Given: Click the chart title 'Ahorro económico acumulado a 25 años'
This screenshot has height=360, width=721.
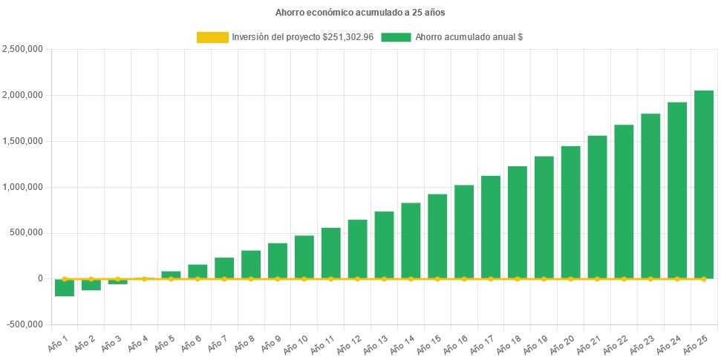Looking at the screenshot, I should [360, 13].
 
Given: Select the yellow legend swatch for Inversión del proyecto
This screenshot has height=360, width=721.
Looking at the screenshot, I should [212, 37].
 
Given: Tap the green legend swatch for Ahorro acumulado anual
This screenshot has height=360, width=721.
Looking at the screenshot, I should [396, 37].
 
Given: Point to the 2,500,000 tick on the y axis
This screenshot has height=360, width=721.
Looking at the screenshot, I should [23, 49].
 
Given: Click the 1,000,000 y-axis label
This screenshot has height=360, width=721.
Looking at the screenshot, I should [23, 186].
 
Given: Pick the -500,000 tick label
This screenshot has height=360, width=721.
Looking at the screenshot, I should [25, 324].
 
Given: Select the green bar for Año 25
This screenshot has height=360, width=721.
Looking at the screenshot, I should [704, 184].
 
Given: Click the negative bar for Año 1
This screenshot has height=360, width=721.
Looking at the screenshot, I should [65, 288].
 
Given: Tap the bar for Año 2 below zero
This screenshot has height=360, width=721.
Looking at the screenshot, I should [91, 285].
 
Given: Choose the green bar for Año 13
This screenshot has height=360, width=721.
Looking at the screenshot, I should [384, 245].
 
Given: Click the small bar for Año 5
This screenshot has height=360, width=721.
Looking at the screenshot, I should [171, 275].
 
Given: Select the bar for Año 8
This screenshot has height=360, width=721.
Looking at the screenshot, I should [251, 264].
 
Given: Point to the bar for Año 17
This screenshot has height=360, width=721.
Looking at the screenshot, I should [490, 226].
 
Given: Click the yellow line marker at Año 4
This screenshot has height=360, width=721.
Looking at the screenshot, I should [145, 279].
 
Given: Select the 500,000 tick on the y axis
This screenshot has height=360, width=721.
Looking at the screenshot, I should [27, 232].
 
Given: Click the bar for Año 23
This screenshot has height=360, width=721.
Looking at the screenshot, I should [650, 196].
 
